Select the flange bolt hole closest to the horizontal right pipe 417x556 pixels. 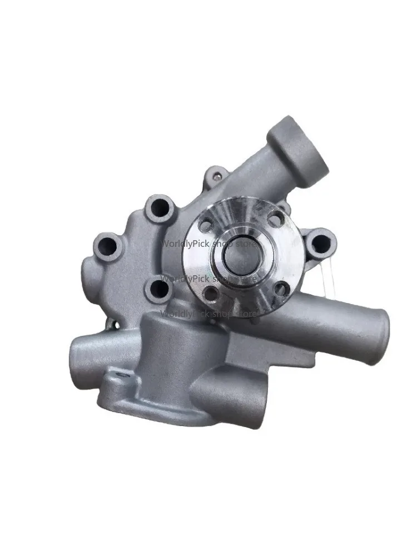[281, 288]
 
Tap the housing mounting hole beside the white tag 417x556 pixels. [320, 243]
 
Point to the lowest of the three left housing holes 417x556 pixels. [158, 289]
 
